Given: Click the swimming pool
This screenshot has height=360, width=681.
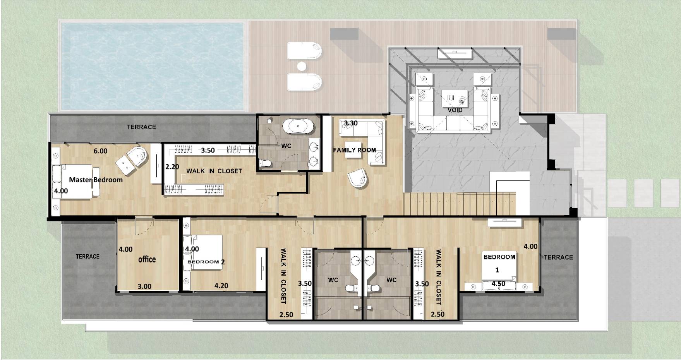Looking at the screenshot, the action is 152,65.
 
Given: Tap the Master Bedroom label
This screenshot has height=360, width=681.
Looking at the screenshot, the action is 96,180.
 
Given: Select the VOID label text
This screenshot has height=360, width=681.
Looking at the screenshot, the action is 455,110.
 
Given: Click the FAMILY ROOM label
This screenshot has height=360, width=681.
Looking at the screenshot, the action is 354,150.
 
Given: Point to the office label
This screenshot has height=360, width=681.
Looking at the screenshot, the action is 147,259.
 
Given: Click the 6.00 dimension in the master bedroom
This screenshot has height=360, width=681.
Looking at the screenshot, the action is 101,151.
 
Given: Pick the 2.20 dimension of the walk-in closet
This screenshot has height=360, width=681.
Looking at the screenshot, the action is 172,167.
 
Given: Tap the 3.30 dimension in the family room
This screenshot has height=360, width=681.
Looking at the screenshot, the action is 351,123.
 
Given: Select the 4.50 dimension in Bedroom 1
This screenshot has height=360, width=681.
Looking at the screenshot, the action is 498,284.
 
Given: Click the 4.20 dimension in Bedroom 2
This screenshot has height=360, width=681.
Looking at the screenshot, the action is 221,286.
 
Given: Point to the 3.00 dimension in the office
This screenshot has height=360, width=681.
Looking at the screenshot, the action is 144,286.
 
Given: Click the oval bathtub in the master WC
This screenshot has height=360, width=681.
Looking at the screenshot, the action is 297,127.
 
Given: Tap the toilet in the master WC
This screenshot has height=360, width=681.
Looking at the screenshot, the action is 266,163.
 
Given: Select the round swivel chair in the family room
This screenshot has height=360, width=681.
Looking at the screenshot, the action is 358,178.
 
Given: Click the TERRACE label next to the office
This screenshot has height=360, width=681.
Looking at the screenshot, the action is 87,256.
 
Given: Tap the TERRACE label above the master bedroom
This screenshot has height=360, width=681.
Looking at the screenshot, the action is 141,127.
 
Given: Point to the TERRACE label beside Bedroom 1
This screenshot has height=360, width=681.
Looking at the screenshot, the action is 558,257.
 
